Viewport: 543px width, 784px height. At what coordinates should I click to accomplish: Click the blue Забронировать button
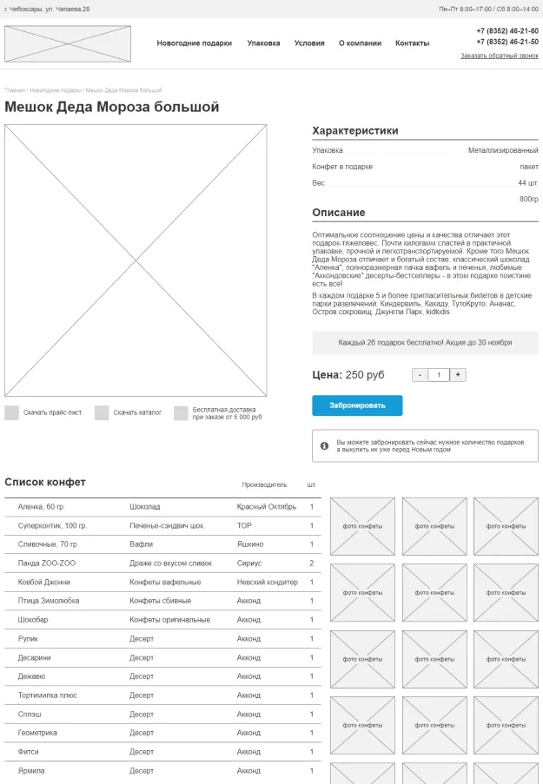coord(357,405)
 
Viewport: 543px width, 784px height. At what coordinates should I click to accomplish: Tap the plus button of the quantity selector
coord(458,375)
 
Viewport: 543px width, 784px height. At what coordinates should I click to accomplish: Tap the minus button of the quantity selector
coord(420,375)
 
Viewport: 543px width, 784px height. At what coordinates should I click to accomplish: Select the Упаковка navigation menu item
coord(263,43)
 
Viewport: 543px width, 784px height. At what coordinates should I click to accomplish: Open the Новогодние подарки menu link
coord(195,43)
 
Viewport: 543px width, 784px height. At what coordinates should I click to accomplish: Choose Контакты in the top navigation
coord(412,43)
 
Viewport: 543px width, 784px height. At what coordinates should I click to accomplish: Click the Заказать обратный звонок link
coord(499,56)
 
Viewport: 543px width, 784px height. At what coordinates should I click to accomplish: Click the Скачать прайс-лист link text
coord(52,412)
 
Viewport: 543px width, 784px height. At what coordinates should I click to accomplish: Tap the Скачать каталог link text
coord(137,412)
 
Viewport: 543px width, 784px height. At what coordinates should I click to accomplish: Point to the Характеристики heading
coord(355,131)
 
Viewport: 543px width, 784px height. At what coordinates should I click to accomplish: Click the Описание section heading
coord(339,213)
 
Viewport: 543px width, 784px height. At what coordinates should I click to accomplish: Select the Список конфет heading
coord(45,482)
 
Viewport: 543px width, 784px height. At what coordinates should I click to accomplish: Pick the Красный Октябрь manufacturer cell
coord(266,507)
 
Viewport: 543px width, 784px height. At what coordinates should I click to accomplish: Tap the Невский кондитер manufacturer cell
coord(267,582)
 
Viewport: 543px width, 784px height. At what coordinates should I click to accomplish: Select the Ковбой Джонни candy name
coord(44,582)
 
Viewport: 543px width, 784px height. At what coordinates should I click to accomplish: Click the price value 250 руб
coord(364,375)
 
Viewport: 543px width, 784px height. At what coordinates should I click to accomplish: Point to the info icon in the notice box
coord(324,445)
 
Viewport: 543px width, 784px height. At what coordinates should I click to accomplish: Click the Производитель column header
coord(264,484)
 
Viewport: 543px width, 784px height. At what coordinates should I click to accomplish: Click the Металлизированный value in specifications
coord(503,150)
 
